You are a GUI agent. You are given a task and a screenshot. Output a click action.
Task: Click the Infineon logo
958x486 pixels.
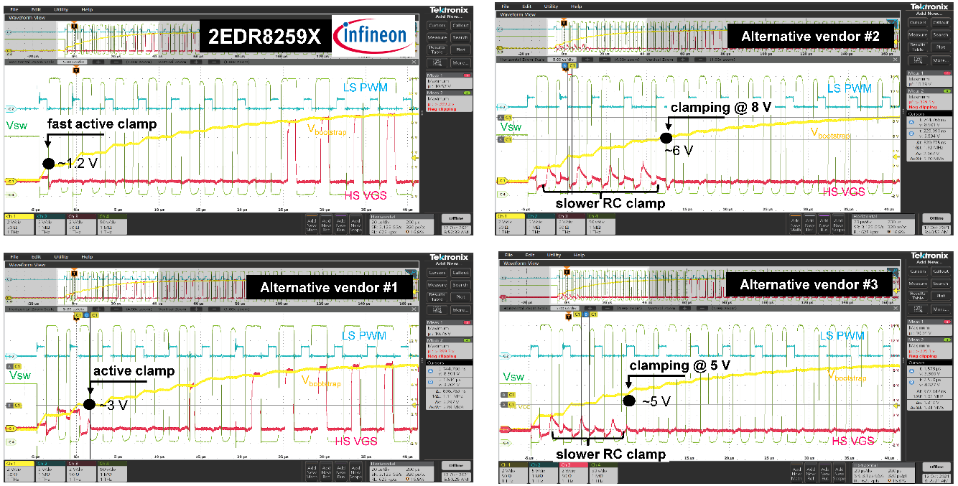tap(373, 34)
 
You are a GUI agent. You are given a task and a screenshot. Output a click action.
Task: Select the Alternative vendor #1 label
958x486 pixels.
tap(330, 288)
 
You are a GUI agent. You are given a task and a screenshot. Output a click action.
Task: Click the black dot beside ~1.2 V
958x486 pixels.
tap(48, 164)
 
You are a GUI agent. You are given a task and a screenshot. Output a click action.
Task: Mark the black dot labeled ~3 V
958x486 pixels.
tap(89, 404)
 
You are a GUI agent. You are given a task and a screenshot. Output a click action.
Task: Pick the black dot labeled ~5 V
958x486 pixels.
tap(629, 401)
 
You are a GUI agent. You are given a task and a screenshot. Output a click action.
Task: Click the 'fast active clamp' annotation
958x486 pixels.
tap(101, 124)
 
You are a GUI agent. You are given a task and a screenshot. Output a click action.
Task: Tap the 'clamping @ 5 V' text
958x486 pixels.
tap(679, 365)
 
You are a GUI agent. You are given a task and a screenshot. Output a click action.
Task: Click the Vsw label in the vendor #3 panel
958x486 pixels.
tap(513, 377)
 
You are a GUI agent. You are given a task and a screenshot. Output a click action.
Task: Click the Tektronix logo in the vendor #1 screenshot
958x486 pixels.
tap(449, 256)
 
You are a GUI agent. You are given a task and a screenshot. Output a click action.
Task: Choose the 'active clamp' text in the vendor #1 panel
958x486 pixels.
tap(133, 370)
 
